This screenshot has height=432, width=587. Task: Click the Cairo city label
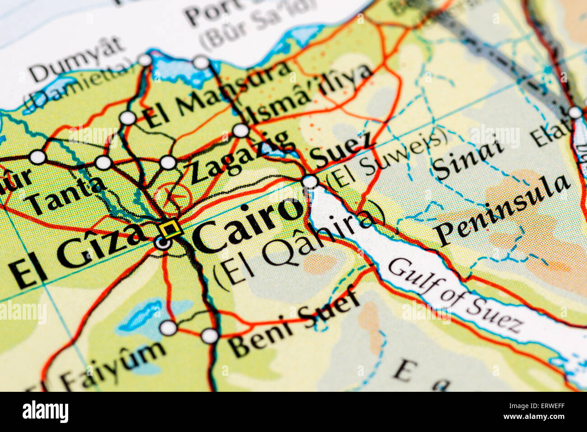click(248, 225)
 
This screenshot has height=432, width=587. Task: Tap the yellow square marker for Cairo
click(171, 228)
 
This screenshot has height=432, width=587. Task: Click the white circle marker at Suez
click(310, 181)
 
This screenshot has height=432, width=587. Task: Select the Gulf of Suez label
click(456, 295)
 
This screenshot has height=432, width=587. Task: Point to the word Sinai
click(467, 160)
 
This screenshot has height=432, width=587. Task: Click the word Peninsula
click(502, 209)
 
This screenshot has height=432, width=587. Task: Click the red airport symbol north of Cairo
click(173, 197)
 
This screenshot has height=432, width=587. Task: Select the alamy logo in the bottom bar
click(45, 412)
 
